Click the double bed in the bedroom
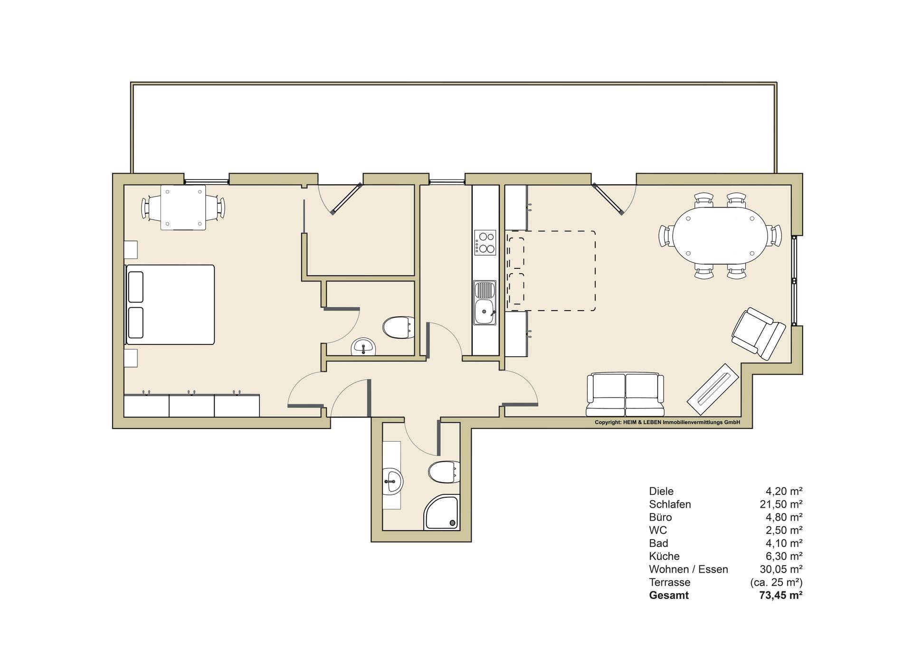pos(170,304)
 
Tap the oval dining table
pos(720,236)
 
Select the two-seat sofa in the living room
pos(625,395)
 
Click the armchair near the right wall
pos(758,333)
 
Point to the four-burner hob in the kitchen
pos(484,243)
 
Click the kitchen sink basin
pos(484,303)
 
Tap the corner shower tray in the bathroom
pos(442,512)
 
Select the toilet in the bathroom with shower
pos(444,472)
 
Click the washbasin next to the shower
pos(393,482)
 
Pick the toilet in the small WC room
pos(399,327)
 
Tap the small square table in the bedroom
pos(183,208)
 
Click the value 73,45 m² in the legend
pos(781,595)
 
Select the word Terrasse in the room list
pos(670,582)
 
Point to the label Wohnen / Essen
pos(688,569)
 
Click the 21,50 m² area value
pos(781,504)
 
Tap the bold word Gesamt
pos(669,595)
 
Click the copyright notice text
pos(667,422)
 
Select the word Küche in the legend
pos(664,556)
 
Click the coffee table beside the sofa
pos(713,384)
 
